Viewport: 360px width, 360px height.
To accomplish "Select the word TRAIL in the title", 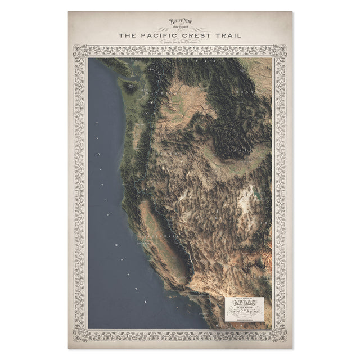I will [x=229, y=35].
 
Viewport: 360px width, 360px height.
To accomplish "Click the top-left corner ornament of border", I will [x=79, y=51].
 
